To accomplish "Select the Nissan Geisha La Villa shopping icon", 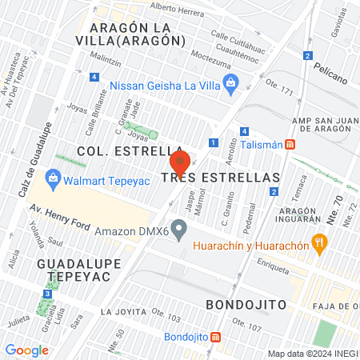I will click(x=231, y=82).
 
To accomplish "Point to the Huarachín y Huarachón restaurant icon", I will click(x=319, y=241).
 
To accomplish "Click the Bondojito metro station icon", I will click(x=214, y=337).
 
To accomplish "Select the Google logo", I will click(x=27, y=350).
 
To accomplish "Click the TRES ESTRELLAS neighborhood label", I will click(x=225, y=177).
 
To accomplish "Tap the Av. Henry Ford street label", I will click(x=58, y=213).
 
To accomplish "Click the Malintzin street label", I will click(x=106, y=58).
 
